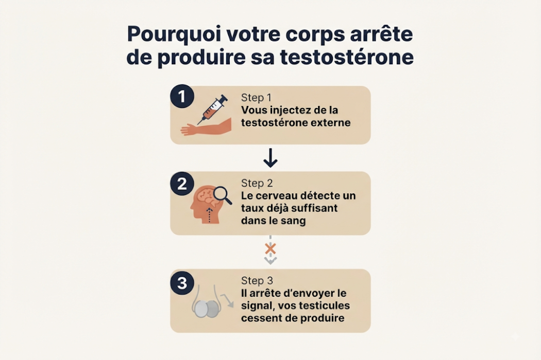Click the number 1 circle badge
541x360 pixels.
click(182, 96)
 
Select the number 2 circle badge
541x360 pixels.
click(182, 184)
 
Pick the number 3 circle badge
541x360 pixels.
click(182, 283)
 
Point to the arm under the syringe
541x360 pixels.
click(206, 127)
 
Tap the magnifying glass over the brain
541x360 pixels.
click(223, 195)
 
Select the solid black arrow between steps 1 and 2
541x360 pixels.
click(270, 158)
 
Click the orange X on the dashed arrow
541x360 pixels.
click(270, 249)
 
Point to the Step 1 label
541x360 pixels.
click(257, 98)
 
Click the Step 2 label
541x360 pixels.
click(257, 183)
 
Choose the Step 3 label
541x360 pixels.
click(257, 280)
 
